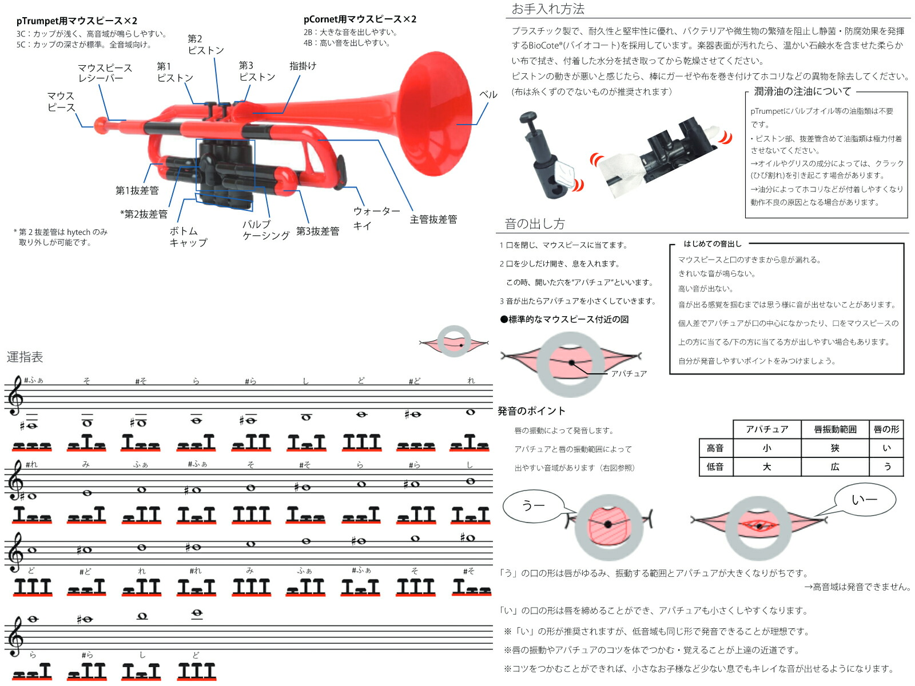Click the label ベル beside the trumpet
point(488,95)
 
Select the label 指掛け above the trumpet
point(303,66)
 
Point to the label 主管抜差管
point(433,220)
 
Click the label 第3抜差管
point(317,232)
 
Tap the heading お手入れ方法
point(547,9)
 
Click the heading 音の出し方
point(534,224)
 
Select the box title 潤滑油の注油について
point(802,91)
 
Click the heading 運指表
point(25,357)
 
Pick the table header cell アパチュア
point(766,429)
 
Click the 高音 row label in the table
point(715,448)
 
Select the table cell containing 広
point(834,467)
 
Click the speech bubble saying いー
point(864,500)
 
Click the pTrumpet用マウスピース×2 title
point(77,21)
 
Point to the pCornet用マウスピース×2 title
point(360,19)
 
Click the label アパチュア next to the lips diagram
point(628,374)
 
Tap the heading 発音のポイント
point(531,411)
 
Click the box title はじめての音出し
point(712,244)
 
